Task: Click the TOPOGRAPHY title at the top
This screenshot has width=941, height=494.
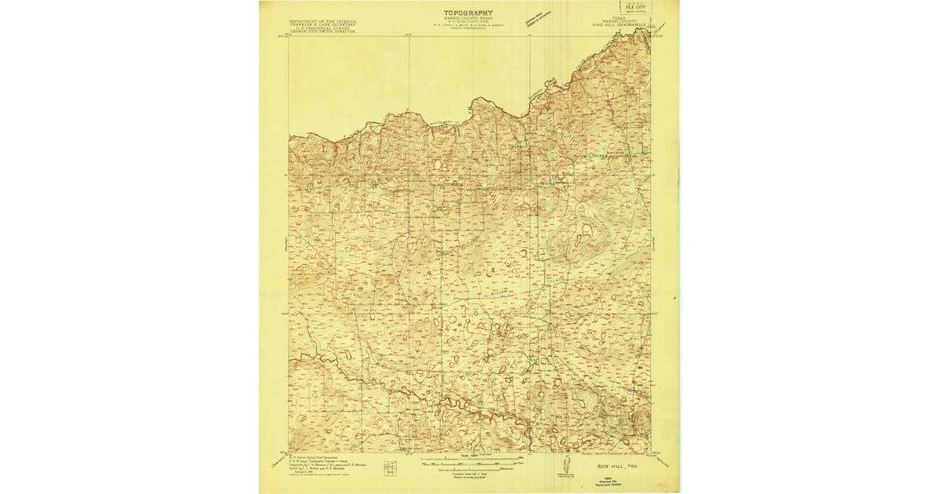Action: (x=468, y=13)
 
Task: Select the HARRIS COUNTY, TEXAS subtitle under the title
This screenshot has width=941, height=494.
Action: (x=468, y=20)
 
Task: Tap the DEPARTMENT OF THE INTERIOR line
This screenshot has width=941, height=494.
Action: (x=322, y=21)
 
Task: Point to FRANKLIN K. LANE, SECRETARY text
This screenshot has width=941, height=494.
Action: (x=322, y=25)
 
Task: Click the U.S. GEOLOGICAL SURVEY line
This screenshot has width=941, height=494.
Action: (x=322, y=29)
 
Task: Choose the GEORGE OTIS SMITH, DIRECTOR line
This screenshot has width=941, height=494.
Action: (x=322, y=33)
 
